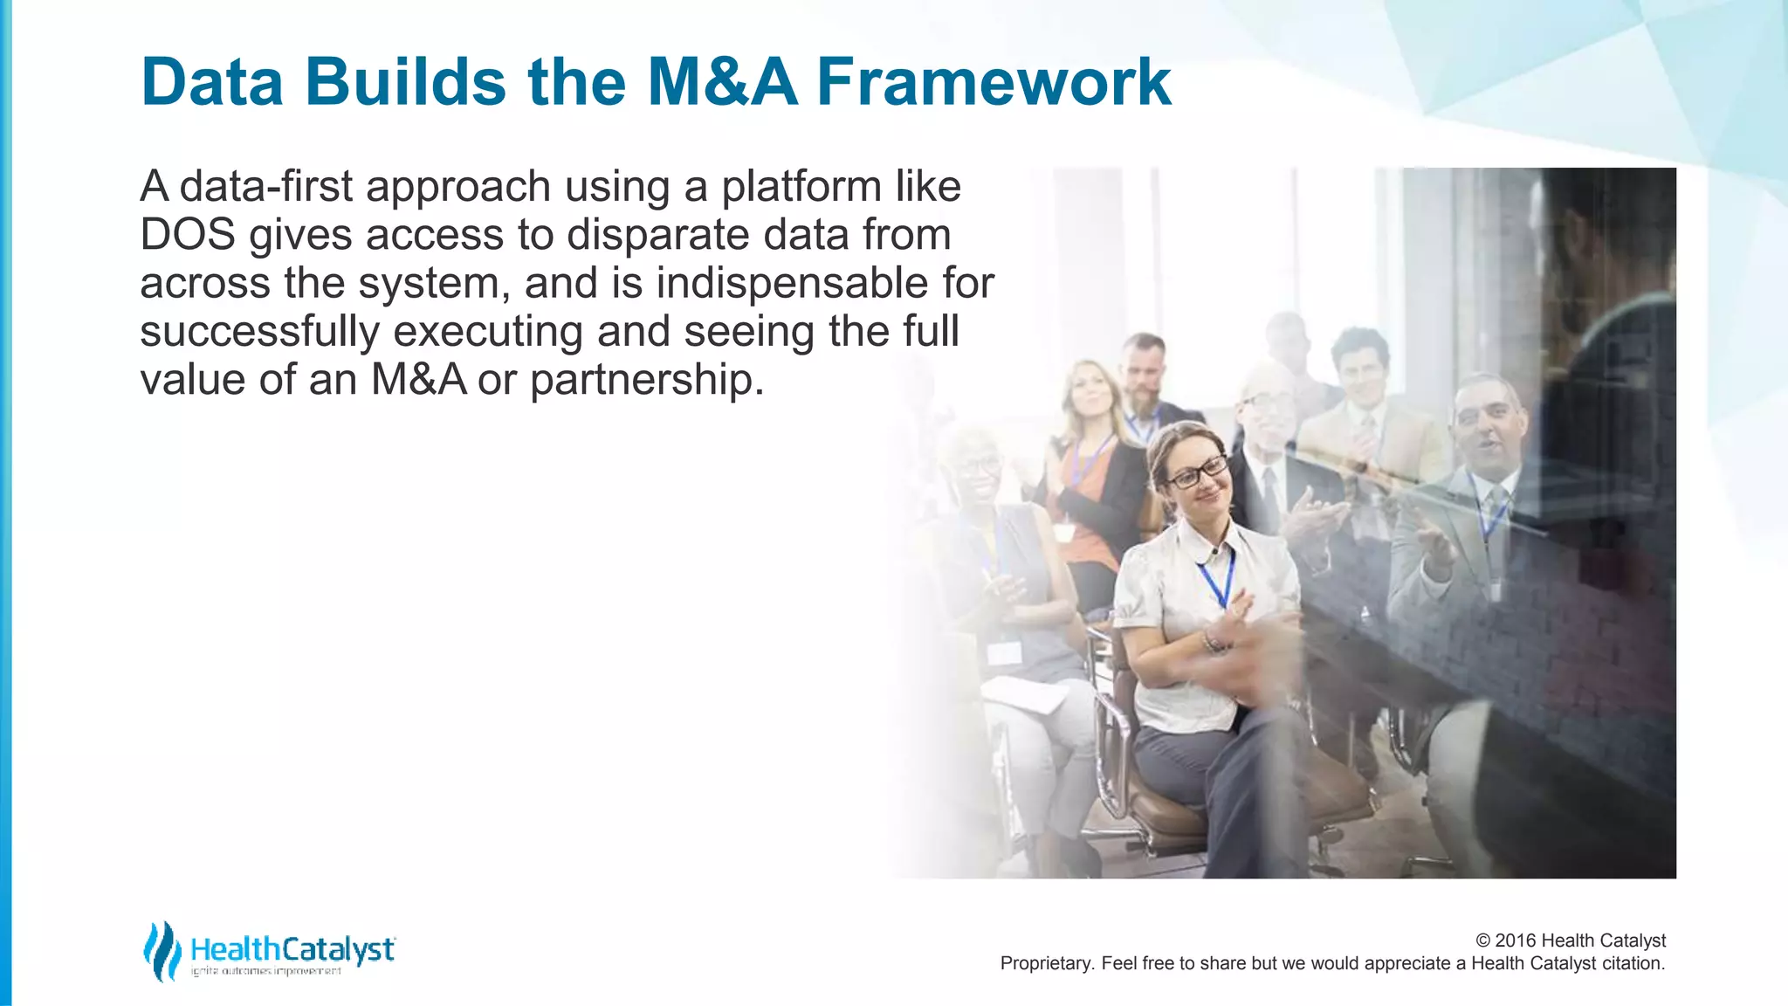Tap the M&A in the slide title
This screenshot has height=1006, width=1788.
[722, 82]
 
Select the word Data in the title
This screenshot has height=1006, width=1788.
[212, 82]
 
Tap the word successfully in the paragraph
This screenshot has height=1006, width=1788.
[259, 332]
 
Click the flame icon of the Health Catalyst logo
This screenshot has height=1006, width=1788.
[162, 951]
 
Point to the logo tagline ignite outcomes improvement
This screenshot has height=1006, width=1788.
[266, 971]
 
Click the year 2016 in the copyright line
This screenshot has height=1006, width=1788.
[1516, 941]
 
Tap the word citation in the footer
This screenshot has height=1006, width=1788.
[1631, 963]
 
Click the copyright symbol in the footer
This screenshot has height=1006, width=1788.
[1482, 941]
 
